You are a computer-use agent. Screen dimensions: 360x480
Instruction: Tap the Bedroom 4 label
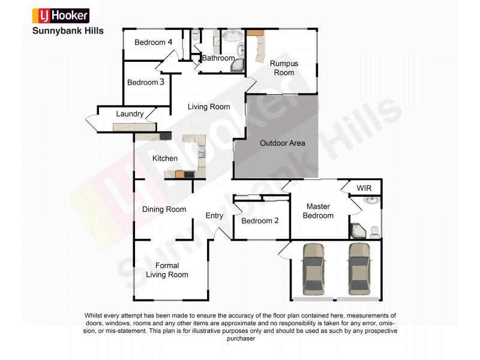coord(153,43)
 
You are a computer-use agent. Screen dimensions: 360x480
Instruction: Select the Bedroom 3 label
coord(145,83)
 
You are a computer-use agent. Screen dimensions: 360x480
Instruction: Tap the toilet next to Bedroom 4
coord(196,37)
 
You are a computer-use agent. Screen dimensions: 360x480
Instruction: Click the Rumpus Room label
coord(284,68)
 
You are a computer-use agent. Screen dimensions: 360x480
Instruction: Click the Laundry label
coord(130,114)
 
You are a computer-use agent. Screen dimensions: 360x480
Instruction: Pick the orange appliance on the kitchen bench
coord(179,174)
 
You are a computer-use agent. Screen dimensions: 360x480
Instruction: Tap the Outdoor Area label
coord(282,143)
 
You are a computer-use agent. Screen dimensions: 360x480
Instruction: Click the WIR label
coord(364,188)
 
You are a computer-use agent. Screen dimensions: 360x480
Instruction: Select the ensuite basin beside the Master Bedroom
coord(373,200)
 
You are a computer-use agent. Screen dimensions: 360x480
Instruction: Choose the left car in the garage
coord(313,268)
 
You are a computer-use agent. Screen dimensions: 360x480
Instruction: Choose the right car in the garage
coord(359,268)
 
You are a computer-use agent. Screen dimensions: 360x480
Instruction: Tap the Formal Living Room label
coord(167,270)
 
